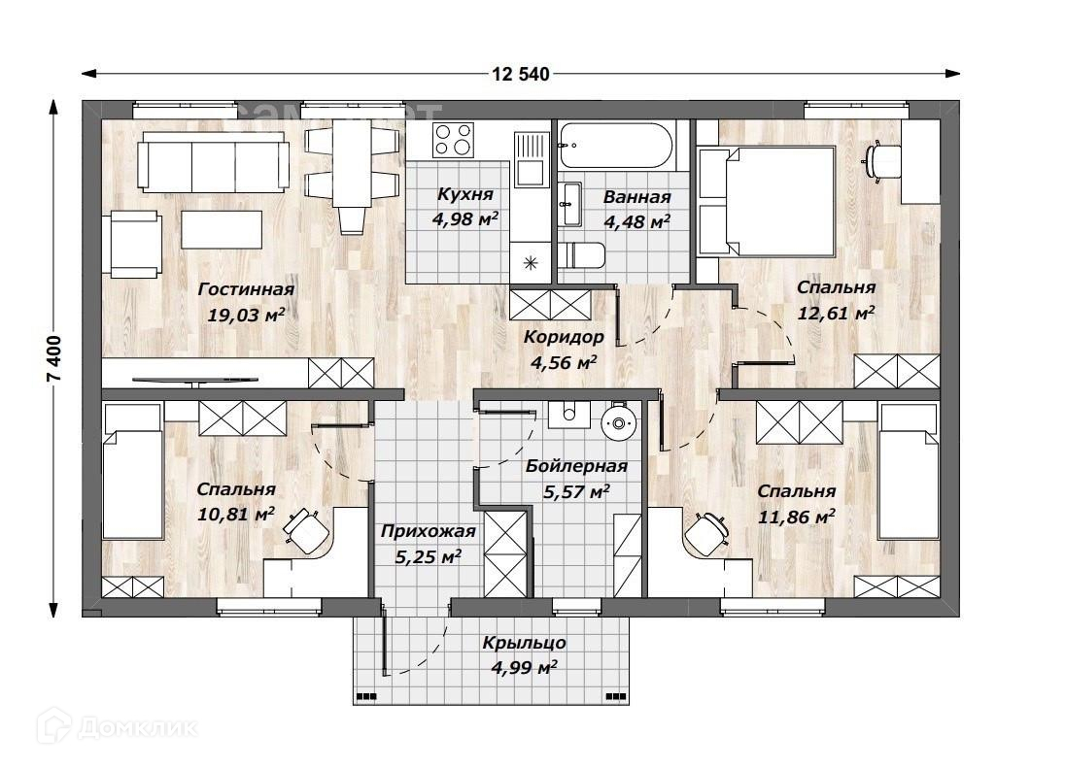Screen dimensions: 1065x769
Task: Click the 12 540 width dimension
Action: tap(520, 74)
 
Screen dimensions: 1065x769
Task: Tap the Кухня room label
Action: tap(465, 195)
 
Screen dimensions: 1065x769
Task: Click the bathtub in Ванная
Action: tap(617, 146)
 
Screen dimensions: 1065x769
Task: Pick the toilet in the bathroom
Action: tap(582, 255)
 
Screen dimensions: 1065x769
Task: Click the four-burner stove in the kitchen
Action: tap(454, 140)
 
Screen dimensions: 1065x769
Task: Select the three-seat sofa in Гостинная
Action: tap(212, 161)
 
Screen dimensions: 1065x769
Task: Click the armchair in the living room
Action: tap(136, 245)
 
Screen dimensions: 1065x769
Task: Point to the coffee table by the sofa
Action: tap(222, 229)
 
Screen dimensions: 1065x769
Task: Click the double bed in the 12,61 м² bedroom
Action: tap(767, 201)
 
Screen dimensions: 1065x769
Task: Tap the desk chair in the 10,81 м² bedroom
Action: tap(306, 528)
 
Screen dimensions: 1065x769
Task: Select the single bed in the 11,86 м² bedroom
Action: tap(909, 471)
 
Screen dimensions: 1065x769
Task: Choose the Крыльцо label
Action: tap(525, 643)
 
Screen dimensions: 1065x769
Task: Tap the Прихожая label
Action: tap(428, 531)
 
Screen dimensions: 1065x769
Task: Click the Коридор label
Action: tap(564, 337)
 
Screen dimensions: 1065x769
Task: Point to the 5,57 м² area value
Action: tap(576, 491)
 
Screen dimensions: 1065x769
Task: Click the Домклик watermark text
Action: tap(138, 728)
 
